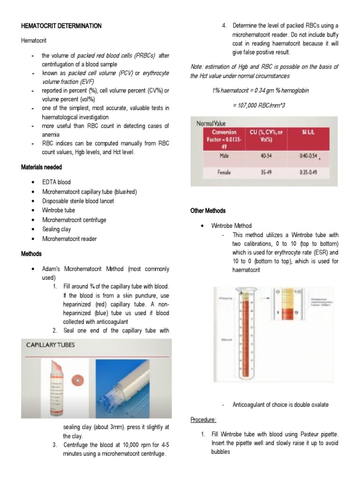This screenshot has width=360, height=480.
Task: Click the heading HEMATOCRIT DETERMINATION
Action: tap(61, 26)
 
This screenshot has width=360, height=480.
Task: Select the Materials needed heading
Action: tap(42, 167)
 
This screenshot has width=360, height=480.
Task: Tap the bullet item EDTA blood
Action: tap(57, 182)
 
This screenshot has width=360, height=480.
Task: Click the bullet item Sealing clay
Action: tap(57, 229)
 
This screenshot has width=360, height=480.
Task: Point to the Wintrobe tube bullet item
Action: tap(59, 210)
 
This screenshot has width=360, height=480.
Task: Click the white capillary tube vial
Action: tap(56, 387)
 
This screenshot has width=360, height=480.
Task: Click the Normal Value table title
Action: tap(211, 123)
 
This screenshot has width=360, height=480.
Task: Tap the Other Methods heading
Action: tap(208, 211)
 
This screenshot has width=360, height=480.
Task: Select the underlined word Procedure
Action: tap(203, 420)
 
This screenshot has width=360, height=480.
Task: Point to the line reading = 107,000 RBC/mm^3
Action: tap(258, 105)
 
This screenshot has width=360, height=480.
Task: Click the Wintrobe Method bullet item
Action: tap(232, 225)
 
